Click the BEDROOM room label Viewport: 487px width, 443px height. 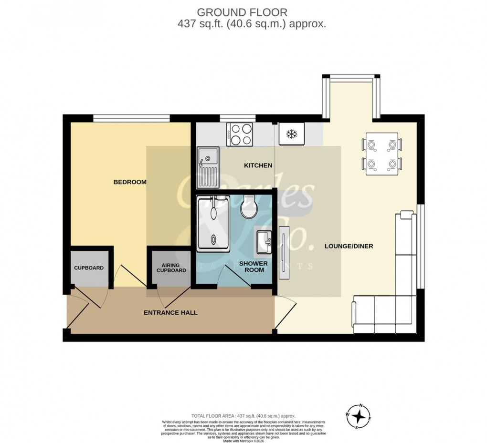[x=129, y=182]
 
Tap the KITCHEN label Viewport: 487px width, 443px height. [x=258, y=165]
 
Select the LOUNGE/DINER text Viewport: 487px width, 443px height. [x=349, y=247]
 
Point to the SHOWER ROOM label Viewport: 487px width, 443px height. [x=253, y=267]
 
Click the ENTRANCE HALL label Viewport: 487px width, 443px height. [x=170, y=313]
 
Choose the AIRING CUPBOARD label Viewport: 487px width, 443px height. [x=170, y=268]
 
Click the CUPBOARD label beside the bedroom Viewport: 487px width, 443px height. [x=88, y=268]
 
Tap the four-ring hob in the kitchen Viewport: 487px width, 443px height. [x=240, y=134]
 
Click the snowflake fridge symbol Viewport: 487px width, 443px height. [x=291, y=134]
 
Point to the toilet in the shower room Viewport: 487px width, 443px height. [x=249, y=207]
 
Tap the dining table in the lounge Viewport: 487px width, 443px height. [x=381, y=154]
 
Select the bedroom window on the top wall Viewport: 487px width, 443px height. [x=131, y=117]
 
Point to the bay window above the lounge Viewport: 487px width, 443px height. [x=351, y=76]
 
